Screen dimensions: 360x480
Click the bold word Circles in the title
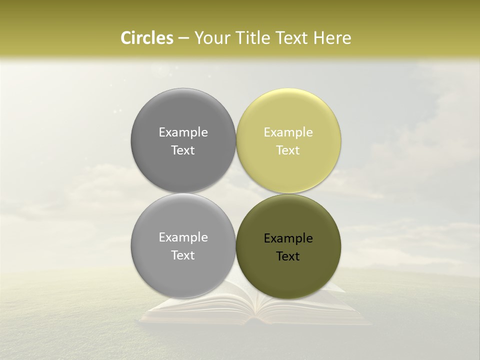click(x=147, y=38)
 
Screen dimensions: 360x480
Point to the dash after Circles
click(x=183, y=38)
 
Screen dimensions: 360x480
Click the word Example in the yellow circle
click(x=288, y=132)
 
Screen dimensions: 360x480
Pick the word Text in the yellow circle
click(x=288, y=150)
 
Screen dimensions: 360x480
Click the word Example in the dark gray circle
click(x=183, y=132)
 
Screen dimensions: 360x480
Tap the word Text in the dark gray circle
click(x=183, y=150)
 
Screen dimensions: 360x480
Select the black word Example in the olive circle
click(x=288, y=238)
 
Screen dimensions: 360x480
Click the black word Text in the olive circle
click(x=288, y=256)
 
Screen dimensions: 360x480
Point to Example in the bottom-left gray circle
click(x=183, y=237)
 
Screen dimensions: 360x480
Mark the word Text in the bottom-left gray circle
click(x=183, y=255)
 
